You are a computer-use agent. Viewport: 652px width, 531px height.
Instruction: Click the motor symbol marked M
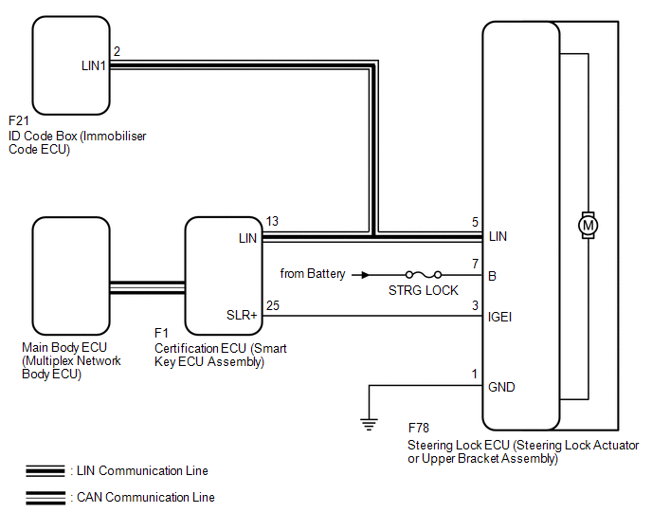click(x=588, y=225)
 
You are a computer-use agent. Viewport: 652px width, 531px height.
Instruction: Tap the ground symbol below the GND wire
click(x=369, y=424)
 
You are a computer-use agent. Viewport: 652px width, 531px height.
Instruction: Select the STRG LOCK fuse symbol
click(x=424, y=274)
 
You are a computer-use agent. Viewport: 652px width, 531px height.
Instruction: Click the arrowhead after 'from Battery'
click(x=365, y=275)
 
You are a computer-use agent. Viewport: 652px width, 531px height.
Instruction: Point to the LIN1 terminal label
click(x=94, y=65)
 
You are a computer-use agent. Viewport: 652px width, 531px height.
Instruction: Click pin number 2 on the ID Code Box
click(x=117, y=51)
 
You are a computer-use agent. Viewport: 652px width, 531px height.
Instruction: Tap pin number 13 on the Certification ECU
click(x=272, y=221)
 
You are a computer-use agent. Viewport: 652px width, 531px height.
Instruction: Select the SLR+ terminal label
click(x=242, y=315)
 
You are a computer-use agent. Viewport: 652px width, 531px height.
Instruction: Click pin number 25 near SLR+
click(x=273, y=305)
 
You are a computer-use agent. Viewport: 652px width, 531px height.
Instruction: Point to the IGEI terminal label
click(x=499, y=317)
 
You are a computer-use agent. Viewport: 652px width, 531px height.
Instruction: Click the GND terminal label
click(x=501, y=387)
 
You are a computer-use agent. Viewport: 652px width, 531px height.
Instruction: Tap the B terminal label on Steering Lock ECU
click(x=492, y=276)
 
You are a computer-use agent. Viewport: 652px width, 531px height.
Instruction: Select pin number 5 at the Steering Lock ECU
click(x=475, y=222)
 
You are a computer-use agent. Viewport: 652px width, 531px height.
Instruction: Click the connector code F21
click(x=19, y=120)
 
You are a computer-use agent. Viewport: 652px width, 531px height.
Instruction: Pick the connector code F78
click(x=418, y=428)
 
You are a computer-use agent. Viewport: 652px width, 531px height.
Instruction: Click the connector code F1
click(x=161, y=333)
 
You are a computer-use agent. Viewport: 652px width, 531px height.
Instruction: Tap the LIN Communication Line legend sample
click(x=45, y=470)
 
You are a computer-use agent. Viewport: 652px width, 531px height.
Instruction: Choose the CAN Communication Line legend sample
click(x=45, y=498)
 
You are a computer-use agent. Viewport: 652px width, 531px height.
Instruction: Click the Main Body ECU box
click(x=71, y=276)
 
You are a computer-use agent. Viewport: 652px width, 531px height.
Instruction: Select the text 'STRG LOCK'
click(x=424, y=290)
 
